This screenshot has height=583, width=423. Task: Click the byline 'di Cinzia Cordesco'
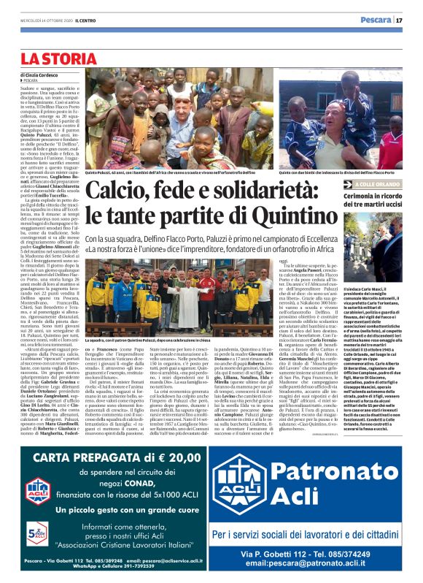pyautogui.click(x=41, y=75)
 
